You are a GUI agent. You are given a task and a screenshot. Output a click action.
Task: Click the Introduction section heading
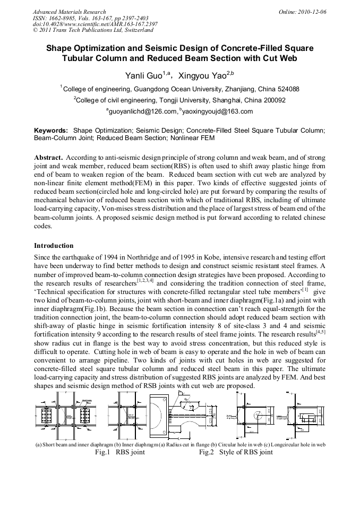(54, 246)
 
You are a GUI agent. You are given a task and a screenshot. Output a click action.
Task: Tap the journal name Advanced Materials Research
(69, 12)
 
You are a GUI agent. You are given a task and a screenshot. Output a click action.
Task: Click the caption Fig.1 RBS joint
(120, 452)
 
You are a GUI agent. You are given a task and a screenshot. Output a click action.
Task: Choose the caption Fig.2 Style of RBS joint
(236, 452)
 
